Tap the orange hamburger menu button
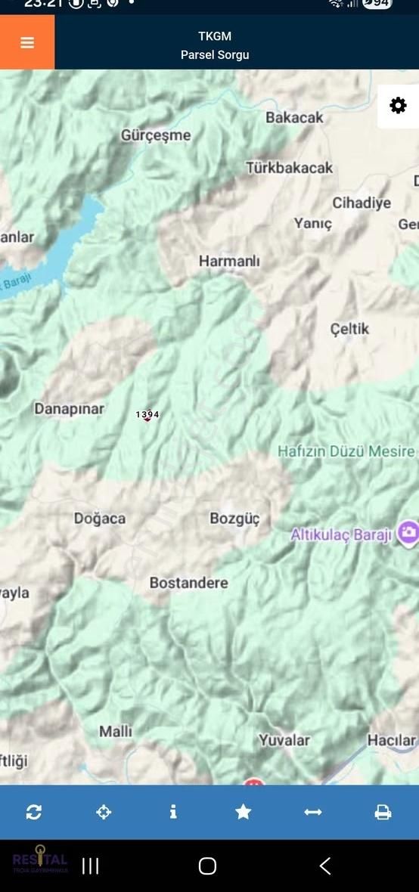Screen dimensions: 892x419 click(x=27, y=42)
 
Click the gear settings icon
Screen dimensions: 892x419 click(x=398, y=106)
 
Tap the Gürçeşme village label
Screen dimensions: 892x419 click(x=156, y=135)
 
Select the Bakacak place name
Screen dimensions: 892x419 click(x=294, y=117)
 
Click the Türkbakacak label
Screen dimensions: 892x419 click(x=289, y=168)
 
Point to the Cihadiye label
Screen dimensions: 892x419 click(x=362, y=203)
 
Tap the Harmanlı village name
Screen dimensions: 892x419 click(x=229, y=261)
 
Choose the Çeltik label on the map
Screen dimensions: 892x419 click(x=349, y=328)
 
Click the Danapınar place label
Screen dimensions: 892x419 click(x=69, y=408)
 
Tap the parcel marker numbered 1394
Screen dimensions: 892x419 click(x=147, y=415)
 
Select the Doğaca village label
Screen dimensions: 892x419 click(x=100, y=519)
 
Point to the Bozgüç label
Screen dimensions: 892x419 click(x=234, y=519)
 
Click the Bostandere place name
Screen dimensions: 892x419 click(x=188, y=583)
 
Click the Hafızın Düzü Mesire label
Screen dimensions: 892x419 click(x=346, y=451)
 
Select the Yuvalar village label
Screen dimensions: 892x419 click(x=284, y=740)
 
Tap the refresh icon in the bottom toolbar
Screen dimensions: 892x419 click(x=34, y=812)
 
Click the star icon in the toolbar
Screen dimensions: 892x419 click(x=243, y=812)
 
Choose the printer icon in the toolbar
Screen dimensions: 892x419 click(x=383, y=812)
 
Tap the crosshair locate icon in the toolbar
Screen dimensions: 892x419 click(x=104, y=812)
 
